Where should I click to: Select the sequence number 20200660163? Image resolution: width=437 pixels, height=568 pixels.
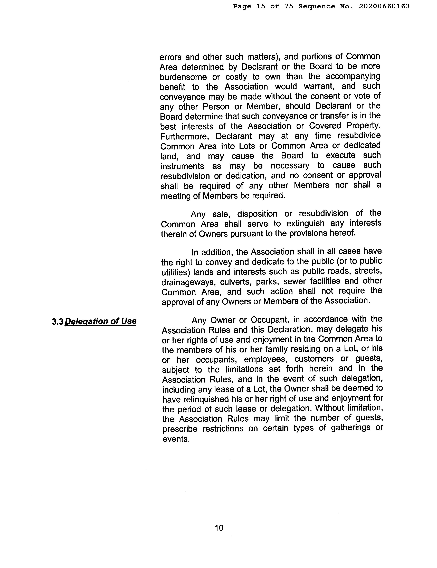(384, 6)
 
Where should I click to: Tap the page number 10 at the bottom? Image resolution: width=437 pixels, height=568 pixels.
(219, 528)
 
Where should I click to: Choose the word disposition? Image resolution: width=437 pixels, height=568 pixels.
(257, 214)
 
